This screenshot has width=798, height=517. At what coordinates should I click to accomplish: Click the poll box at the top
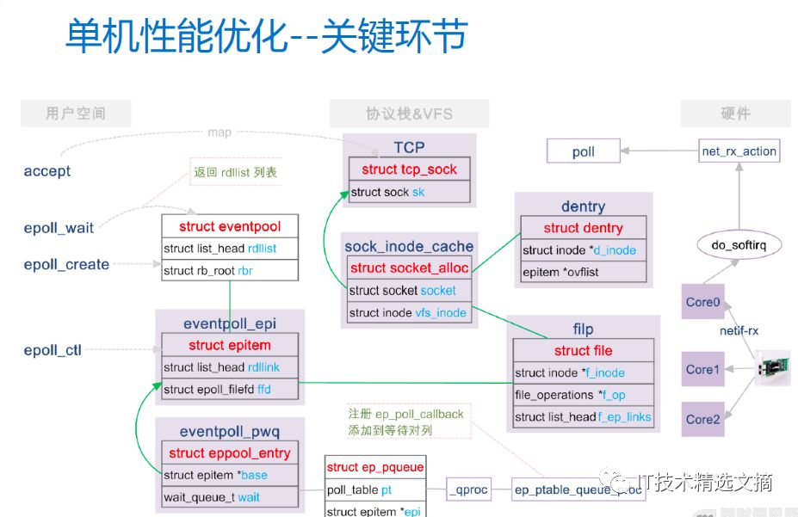pyautogui.click(x=584, y=152)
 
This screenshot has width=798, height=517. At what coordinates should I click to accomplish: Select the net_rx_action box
pyautogui.click(x=739, y=151)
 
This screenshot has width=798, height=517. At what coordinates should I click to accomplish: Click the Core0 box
pyautogui.click(x=702, y=302)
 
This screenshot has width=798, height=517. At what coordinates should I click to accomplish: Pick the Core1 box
pyautogui.click(x=702, y=369)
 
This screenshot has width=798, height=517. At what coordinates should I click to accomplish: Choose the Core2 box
pyautogui.click(x=702, y=419)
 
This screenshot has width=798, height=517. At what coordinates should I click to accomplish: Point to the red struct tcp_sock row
pyautogui.click(x=410, y=169)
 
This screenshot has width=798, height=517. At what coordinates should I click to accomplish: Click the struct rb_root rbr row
pyautogui.click(x=230, y=270)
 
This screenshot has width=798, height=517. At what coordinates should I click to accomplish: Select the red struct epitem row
pyautogui.click(x=230, y=345)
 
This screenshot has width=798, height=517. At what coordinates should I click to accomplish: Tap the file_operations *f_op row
pyautogui.click(x=583, y=395)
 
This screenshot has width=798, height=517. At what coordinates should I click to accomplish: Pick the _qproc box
pyautogui.click(x=468, y=489)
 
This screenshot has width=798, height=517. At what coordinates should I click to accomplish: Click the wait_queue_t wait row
pyautogui.click(x=229, y=497)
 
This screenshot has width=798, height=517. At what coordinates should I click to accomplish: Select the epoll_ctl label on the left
pyautogui.click(x=53, y=350)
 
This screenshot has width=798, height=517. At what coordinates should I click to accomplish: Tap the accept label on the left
pyautogui.click(x=47, y=171)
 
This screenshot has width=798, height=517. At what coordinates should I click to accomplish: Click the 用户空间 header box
pyautogui.click(x=76, y=114)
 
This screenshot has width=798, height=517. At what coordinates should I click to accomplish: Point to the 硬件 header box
pyautogui.click(x=735, y=114)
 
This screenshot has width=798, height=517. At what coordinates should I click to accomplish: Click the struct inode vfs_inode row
pyautogui.click(x=408, y=312)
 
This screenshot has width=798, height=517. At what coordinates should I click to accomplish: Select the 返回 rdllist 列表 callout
pyautogui.click(x=234, y=172)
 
